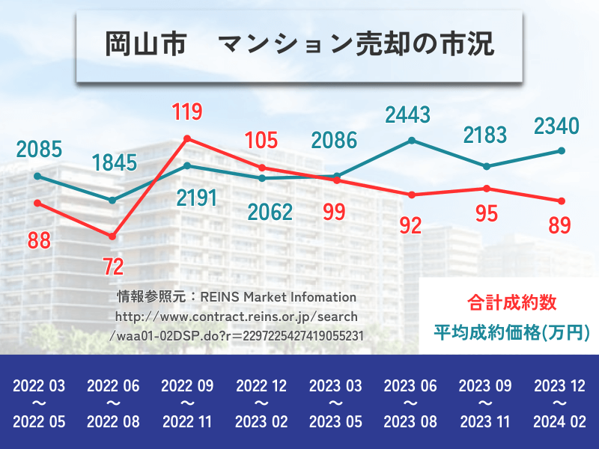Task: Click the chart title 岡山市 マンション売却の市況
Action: click(299, 43)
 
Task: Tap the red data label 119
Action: click(186, 113)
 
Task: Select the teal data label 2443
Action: click(407, 114)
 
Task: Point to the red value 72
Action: click(113, 266)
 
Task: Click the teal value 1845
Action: click(115, 162)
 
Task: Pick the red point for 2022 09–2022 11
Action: click(187, 138)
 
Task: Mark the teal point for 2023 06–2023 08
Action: click(412, 140)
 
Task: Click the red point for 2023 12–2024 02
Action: click(561, 201)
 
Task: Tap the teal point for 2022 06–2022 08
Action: click(112, 201)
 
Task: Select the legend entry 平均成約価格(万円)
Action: click(511, 331)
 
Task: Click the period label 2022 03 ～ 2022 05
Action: click(39, 404)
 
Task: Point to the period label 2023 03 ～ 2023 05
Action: click(336, 404)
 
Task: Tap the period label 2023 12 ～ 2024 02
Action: click(559, 404)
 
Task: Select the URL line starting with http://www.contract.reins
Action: click(236, 317)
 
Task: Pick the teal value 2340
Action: click(556, 126)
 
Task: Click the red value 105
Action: click(261, 140)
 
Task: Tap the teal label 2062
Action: click(270, 213)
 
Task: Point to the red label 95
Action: click(486, 214)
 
